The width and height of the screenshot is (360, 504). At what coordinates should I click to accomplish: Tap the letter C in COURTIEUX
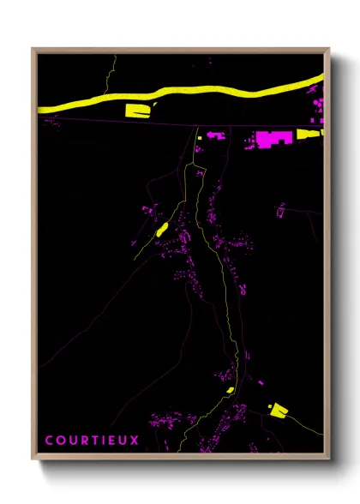click(x=48, y=441)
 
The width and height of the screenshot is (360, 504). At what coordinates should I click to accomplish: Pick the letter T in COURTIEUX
click(x=91, y=441)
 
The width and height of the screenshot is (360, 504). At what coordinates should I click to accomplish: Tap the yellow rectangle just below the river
click(x=138, y=109)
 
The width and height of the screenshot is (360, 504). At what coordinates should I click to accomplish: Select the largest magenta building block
click(x=273, y=139)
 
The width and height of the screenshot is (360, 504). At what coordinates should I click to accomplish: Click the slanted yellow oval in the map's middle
click(x=160, y=228)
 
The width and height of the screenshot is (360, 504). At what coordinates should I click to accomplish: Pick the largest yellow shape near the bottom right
click(x=277, y=411)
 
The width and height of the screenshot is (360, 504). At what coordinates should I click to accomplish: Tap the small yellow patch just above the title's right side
click(x=230, y=390)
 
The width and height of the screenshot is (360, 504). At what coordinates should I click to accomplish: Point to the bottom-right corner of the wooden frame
click(x=329, y=459)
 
